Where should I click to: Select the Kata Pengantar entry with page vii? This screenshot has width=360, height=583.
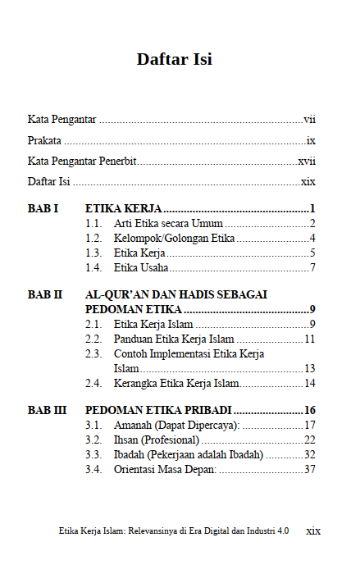pyautogui.click(x=62, y=120)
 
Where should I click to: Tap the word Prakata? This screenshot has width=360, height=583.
pyautogui.click(x=44, y=140)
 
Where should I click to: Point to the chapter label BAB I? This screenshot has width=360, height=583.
pyautogui.click(x=43, y=209)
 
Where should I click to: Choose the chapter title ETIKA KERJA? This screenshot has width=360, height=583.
pyautogui.click(x=123, y=209)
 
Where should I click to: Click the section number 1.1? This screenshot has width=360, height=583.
pyautogui.click(x=93, y=224)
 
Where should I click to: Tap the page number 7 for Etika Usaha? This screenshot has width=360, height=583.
pyautogui.click(x=312, y=268)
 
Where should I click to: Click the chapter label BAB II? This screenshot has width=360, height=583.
pyautogui.click(x=45, y=294)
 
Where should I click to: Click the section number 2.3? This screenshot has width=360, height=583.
pyautogui.click(x=93, y=353)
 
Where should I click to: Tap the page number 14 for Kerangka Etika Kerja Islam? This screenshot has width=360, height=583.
pyautogui.click(x=309, y=383)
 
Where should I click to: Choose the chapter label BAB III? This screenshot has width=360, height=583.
pyautogui.click(x=47, y=410)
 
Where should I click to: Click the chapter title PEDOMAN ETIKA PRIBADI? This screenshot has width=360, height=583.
pyautogui.click(x=158, y=410)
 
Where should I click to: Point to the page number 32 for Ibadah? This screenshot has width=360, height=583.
pyautogui.click(x=309, y=454)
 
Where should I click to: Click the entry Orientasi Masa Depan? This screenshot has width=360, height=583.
pyautogui.click(x=165, y=469)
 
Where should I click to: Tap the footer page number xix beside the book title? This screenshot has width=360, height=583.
pyautogui.click(x=312, y=531)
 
